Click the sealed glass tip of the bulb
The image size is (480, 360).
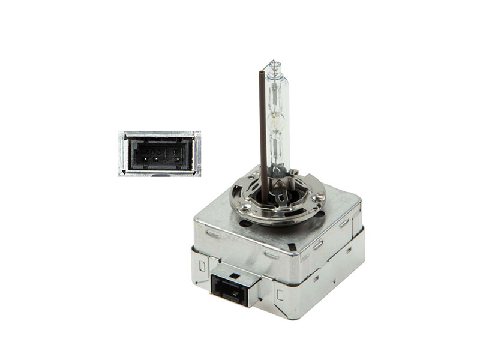(274, 64)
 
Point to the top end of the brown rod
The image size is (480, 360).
(262, 73)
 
